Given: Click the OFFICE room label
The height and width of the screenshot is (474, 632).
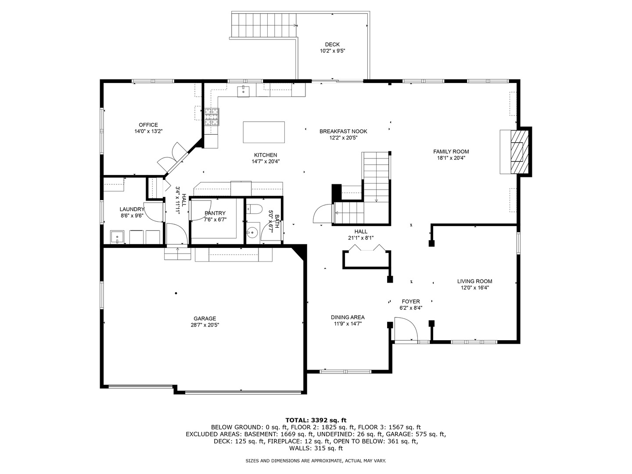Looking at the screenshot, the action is (148, 125).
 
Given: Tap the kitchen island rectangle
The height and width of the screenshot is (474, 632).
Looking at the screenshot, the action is (264, 132).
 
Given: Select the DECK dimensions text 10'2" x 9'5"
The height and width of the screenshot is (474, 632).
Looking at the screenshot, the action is (332, 51).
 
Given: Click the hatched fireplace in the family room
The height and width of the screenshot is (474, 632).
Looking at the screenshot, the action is (520, 152).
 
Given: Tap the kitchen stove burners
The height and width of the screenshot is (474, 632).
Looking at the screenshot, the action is (212, 117).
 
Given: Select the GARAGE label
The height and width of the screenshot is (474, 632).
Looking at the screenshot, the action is (205, 319).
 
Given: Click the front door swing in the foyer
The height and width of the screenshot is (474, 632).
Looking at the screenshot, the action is (406, 329).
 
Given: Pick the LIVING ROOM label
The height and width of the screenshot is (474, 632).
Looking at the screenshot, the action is (474, 281).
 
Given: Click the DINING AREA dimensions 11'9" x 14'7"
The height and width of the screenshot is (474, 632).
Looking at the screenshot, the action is (348, 324).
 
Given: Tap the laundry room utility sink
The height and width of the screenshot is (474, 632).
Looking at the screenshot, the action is (117, 237).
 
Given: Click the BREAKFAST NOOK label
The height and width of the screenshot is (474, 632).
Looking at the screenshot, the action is (343, 132).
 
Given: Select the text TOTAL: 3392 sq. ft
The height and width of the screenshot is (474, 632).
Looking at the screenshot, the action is (316, 420).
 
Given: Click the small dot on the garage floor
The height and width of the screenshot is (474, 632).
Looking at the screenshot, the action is (176, 293).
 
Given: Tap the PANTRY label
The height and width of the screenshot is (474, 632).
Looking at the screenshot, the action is (215, 213).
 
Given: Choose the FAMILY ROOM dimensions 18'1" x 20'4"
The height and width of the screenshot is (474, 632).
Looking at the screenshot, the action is (451, 158).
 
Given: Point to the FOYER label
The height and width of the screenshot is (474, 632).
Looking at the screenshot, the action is (411, 302).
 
